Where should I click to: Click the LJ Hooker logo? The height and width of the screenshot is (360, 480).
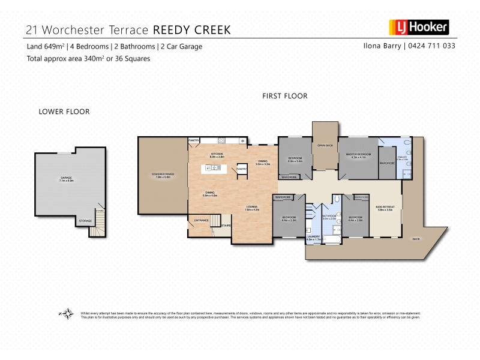[x=419, y=27]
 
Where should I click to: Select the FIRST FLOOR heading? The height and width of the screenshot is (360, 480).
[x=284, y=96]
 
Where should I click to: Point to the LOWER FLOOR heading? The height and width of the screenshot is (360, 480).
[x=64, y=112]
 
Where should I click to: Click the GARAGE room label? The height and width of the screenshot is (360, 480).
[x=66, y=178]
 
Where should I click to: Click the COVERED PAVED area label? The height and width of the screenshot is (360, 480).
[x=163, y=175]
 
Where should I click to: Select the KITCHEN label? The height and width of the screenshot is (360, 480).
[x=217, y=155]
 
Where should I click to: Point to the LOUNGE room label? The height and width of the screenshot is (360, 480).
[x=252, y=208]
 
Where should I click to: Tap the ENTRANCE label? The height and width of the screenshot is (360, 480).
[x=201, y=221]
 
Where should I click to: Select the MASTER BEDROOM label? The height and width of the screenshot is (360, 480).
[x=358, y=155]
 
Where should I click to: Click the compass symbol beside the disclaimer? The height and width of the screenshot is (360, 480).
[x=67, y=314]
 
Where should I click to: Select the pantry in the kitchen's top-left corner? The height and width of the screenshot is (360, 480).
[x=194, y=140]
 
